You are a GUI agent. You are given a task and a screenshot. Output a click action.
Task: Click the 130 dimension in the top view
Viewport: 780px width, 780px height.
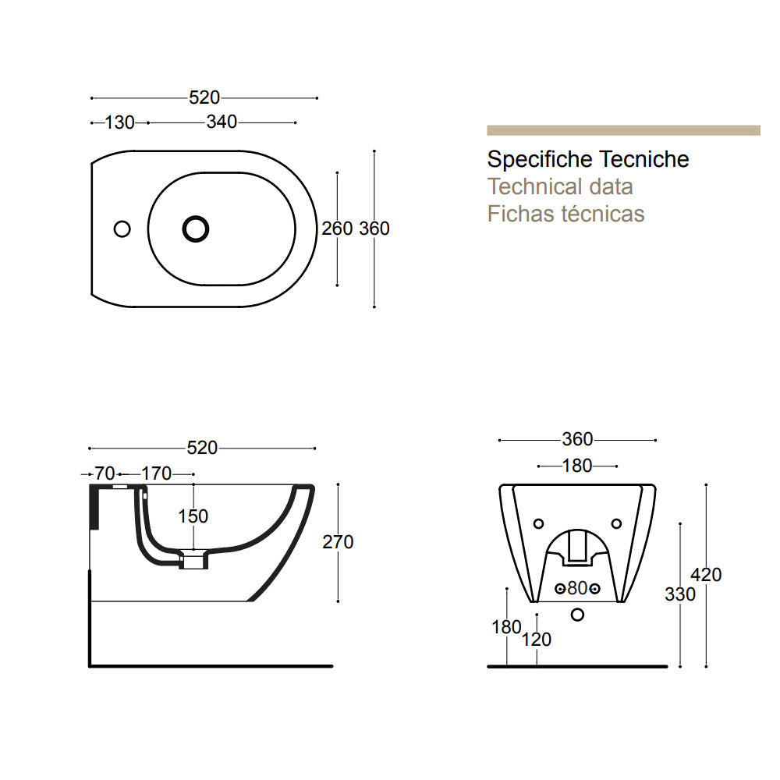point(119,122)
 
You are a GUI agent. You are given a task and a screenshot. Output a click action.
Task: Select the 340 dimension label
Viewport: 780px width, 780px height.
point(222,122)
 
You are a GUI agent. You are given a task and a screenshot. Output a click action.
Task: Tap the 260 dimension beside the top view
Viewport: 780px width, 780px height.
point(337,229)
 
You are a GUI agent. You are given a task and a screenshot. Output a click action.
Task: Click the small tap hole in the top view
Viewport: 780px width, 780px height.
point(122,229)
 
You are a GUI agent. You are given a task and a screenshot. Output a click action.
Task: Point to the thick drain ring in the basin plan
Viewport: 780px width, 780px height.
point(196,228)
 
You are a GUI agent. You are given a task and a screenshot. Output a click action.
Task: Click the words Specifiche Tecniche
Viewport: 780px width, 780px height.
point(588,160)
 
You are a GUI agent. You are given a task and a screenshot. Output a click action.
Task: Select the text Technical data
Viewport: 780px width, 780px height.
point(560,186)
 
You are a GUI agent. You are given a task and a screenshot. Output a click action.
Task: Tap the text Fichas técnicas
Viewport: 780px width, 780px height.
point(565,213)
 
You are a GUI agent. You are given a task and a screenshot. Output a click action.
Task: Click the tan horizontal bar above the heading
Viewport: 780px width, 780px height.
point(623,130)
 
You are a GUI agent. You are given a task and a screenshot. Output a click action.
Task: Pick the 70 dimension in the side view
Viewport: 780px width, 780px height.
point(105,473)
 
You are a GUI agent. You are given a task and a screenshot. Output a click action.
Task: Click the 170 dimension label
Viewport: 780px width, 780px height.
point(156,473)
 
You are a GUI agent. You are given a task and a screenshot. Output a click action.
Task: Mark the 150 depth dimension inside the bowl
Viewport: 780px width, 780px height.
point(193,516)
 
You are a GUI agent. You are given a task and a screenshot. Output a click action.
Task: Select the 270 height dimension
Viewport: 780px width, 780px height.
point(338,542)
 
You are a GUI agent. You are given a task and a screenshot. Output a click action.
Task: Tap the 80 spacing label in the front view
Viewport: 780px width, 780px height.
point(576,587)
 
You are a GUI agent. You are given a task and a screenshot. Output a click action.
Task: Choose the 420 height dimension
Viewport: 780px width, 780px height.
point(706,575)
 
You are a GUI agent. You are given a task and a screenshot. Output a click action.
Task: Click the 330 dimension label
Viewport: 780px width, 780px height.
point(679,594)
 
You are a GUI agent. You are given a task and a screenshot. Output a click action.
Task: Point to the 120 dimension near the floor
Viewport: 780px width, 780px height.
point(537,640)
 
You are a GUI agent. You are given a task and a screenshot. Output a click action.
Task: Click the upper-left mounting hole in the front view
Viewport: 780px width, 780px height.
point(537,523)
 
